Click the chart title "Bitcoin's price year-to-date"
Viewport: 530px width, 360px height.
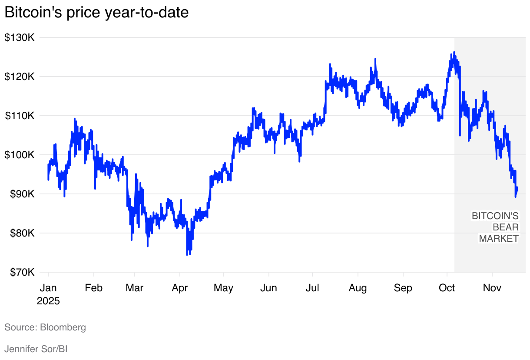[x=96, y=13]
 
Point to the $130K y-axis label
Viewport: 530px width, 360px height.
[x=20, y=38]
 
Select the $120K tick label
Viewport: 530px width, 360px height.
[x=20, y=77]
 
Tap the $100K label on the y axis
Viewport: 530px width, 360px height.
[x=20, y=155]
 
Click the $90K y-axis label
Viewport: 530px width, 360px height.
[x=21, y=194]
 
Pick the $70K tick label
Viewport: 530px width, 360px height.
[x=21, y=273]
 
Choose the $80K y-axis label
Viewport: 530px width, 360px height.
[x=21, y=233]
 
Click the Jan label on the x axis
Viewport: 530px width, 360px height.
[x=48, y=288]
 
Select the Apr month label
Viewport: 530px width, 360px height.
[x=180, y=288]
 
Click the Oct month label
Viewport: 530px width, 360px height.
[x=447, y=288]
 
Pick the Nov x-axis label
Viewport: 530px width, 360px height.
[x=492, y=288]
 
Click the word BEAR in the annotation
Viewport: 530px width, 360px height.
[x=505, y=227]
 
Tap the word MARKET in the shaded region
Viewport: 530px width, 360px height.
[x=499, y=239]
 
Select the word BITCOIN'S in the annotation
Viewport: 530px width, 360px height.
[x=495, y=216]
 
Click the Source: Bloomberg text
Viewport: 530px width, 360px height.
[x=45, y=327]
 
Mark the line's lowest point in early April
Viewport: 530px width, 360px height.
[x=187, y=255]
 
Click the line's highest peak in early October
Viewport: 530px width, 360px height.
[x=454, y=52]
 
